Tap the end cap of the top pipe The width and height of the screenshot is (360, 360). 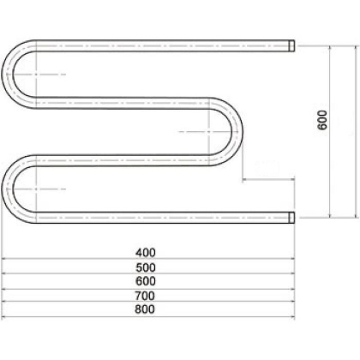(291, 43)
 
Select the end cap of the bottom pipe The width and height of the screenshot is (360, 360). (291, 217)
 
